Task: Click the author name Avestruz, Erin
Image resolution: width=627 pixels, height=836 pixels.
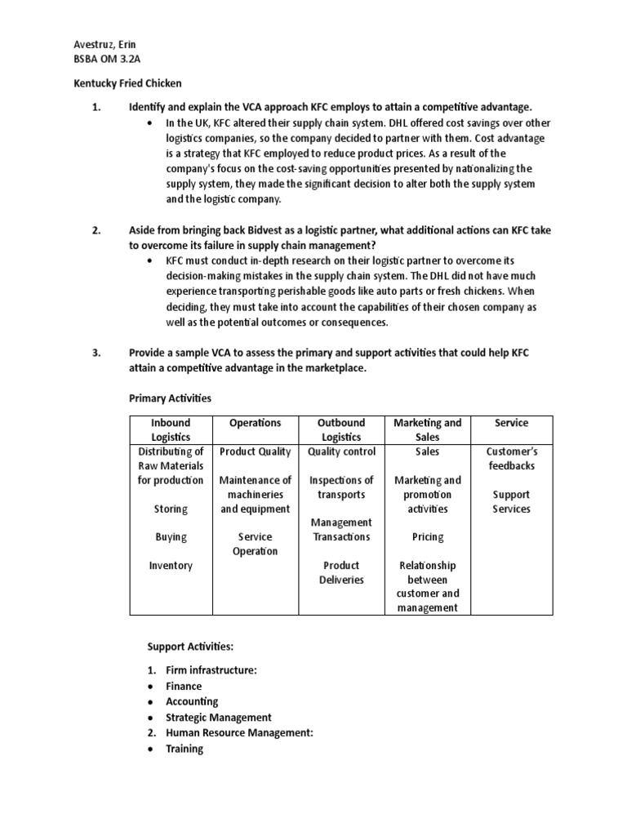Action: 104,44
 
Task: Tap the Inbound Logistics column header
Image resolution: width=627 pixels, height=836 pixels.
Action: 171,429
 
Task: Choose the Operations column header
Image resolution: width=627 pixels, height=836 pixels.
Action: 256,423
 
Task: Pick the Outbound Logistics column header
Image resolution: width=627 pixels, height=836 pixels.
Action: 341,429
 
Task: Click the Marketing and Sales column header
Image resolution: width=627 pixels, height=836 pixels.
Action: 427,429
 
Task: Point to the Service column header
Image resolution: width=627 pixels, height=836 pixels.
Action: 511,423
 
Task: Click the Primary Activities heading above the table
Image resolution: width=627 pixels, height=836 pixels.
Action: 170,398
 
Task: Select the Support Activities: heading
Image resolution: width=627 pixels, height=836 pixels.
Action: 190,647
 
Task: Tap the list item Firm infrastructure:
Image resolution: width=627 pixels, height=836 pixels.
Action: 211,670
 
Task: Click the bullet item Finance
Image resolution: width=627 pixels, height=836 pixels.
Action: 184,687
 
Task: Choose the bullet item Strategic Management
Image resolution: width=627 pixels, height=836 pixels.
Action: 219,718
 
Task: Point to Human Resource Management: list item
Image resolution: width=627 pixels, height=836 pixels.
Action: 239,733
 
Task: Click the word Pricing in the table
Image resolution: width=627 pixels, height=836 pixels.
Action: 428,537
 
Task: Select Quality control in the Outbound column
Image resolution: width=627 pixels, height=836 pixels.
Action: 341,451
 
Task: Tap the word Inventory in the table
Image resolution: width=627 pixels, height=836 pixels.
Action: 171,565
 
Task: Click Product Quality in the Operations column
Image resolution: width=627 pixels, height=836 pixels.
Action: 256,451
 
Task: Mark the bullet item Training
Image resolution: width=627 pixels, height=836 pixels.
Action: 185,749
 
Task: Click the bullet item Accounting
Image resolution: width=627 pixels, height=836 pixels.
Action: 192,702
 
